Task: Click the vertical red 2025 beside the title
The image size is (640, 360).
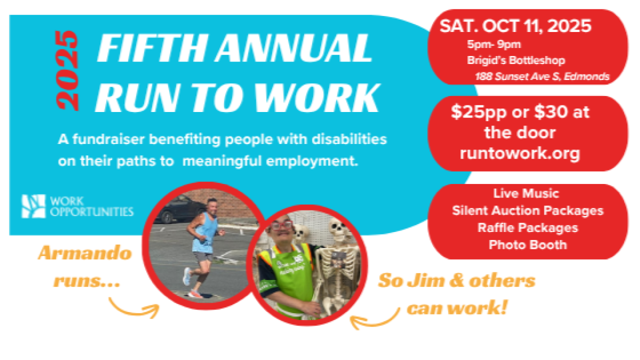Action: click(67, 70)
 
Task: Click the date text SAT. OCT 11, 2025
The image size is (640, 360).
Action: click(515, 26)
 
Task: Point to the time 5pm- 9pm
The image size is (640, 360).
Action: click(494, 44)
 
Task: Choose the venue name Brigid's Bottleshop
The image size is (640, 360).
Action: click(516, 60)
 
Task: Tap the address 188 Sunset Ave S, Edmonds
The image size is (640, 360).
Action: click(542, 76)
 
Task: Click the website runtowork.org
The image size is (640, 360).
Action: click(519, 153)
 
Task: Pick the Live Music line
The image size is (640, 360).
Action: click(526, 193)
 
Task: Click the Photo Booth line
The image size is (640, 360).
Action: click(527, 245)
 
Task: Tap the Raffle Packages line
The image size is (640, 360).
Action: click(527, 228)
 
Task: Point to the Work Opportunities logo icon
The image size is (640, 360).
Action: click(33, 206)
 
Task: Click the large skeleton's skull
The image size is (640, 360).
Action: click(339, 228)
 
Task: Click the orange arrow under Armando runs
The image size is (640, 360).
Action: click(134, 309)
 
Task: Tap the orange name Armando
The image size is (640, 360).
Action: click(85, 253)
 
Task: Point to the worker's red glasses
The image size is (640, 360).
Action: click(281, 225)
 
